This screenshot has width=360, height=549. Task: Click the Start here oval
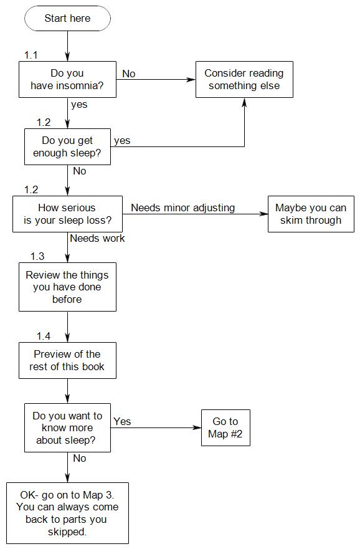67,18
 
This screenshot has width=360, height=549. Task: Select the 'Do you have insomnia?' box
67,80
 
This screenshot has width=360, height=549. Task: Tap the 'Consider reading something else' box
244,80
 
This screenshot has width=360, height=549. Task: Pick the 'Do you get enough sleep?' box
67,146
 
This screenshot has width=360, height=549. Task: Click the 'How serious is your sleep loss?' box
67,214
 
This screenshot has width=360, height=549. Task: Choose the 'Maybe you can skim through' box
311,214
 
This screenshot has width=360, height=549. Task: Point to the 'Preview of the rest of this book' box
67,360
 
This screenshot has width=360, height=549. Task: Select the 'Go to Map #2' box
225,427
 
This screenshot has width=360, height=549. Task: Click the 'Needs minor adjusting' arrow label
182,208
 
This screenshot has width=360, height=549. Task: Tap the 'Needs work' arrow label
97,238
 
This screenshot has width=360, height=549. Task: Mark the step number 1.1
31,55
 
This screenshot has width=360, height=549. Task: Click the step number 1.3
37,256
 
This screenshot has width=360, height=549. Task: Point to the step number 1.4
44,336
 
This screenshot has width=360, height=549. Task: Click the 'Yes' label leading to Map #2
122,421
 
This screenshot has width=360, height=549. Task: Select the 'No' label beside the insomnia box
129,74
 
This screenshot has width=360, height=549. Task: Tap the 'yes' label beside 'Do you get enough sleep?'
122,141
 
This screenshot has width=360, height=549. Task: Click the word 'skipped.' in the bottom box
67,532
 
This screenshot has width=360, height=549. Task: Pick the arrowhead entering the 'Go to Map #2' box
197,427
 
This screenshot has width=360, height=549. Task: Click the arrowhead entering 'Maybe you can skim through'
264,214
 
